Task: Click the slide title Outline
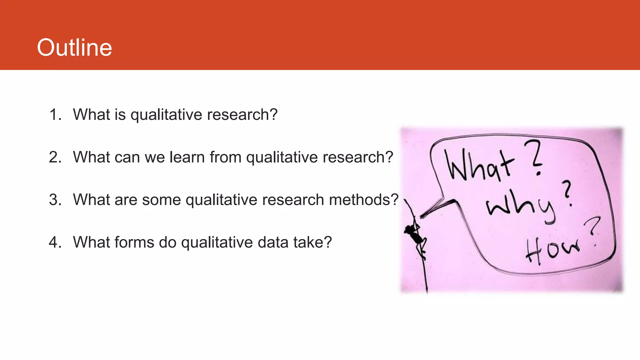coord(74,47)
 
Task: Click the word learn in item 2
coord(187,157)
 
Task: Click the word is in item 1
coord(120,115)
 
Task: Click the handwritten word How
coord(552,249)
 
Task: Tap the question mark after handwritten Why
coord(568,194)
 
